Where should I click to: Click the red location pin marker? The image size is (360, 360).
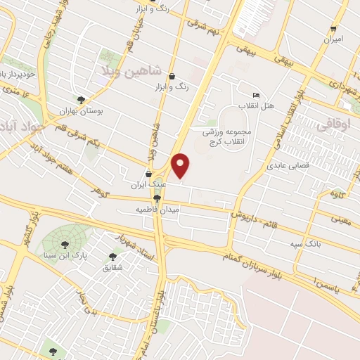181,165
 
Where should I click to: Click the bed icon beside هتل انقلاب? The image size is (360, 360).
256,96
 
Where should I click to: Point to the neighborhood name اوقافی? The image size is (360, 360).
337,123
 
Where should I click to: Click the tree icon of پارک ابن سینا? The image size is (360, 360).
65,245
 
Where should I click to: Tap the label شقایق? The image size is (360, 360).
112,268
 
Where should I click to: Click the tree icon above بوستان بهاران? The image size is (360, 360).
82,100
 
